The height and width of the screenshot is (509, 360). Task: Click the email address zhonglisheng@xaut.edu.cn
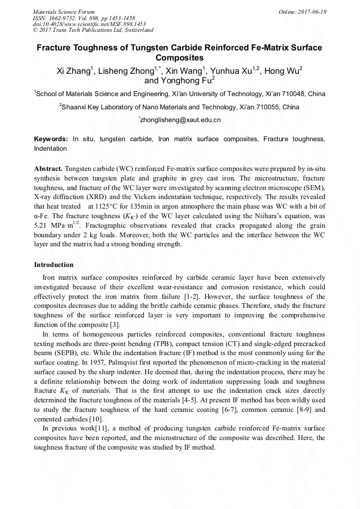tap(179, 120)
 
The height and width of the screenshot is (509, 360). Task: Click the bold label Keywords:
tap(51, 139)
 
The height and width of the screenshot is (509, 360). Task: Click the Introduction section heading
tap(54, 264)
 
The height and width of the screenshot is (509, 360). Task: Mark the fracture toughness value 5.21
tap(41, 225)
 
